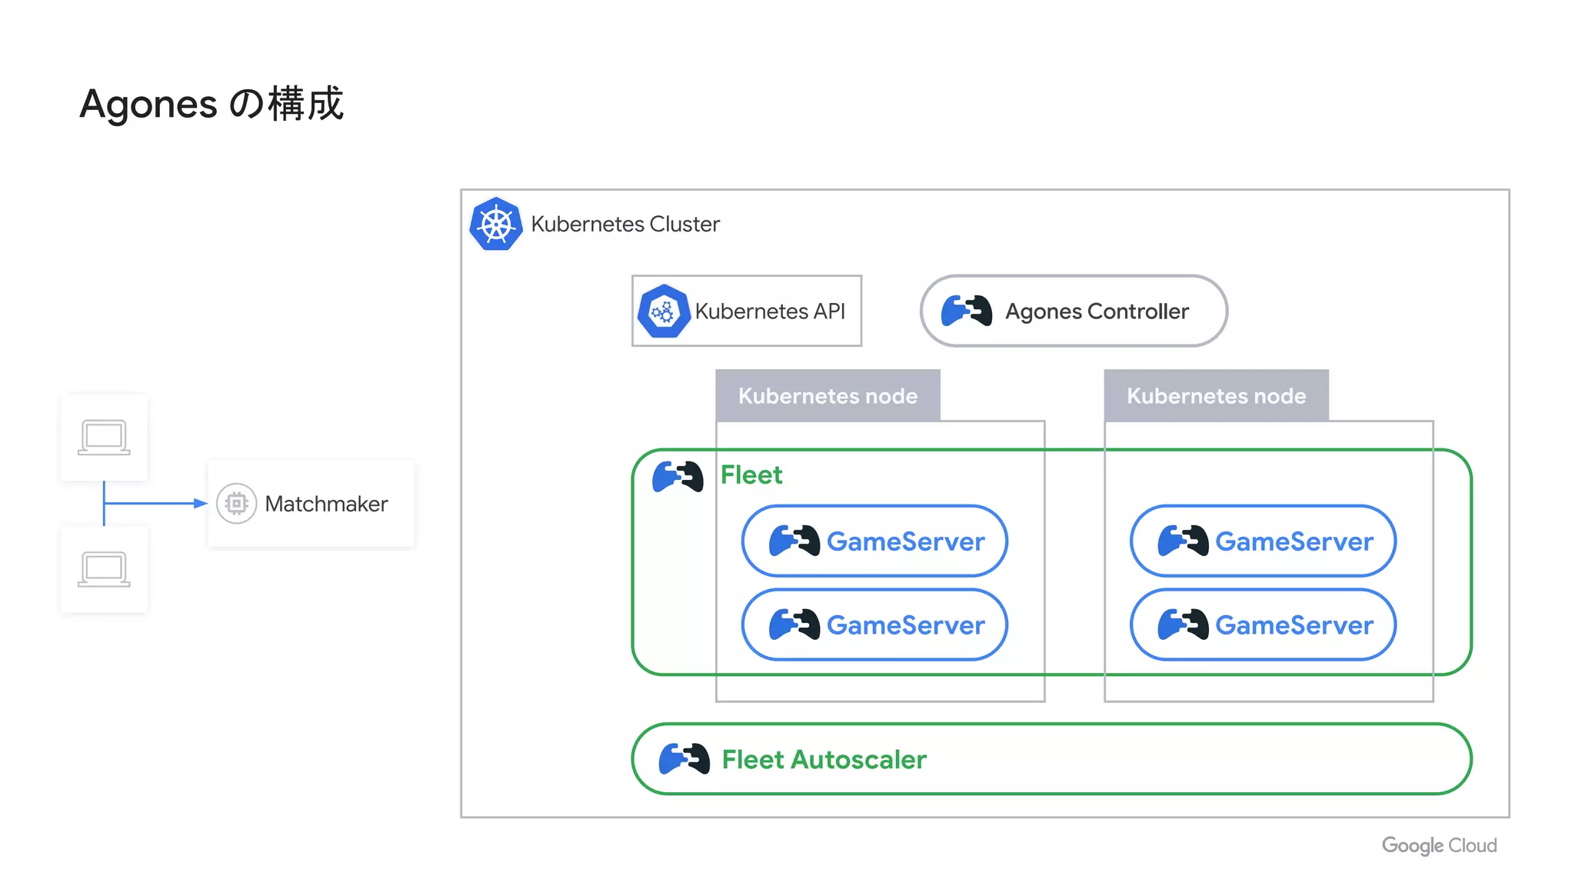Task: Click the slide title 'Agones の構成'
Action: click(211, 104)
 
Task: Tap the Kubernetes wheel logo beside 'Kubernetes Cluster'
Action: click(496, 225)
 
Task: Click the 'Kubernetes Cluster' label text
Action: click(624, 225)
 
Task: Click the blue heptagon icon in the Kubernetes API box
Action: click(663, 311)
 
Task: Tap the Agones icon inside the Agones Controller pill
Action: click(966, 311)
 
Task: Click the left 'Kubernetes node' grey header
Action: click(827, 396)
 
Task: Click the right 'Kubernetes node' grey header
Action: click(1216, 396)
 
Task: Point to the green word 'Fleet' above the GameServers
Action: click(751, 475)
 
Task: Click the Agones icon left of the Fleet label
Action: click(677, 477)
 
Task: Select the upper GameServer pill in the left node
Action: click(874, 541)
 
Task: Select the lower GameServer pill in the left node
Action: click(874, 625)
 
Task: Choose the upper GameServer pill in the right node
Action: click(1263, 541)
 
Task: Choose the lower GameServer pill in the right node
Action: click(1263, 625)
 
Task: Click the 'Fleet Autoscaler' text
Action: click(824, 760)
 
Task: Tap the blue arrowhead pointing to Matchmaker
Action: click(201, 504)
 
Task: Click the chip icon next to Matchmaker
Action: click(237, 504)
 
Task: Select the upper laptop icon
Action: click(104, 438)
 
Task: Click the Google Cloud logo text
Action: click(1439, 845)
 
